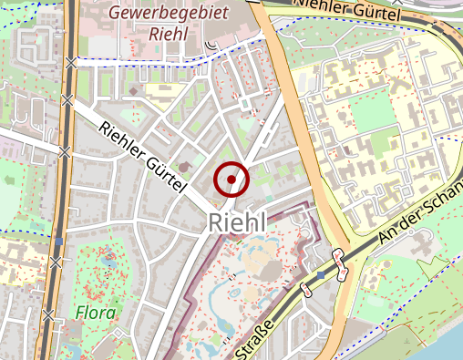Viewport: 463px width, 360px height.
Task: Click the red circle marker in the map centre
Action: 231,180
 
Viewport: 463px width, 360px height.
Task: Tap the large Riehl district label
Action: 237,221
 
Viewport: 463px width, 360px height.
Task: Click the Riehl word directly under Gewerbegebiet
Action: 167,35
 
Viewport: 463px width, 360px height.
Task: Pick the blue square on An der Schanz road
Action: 321,273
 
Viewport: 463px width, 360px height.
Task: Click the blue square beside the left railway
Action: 58,242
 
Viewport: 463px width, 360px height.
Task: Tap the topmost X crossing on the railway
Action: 71,62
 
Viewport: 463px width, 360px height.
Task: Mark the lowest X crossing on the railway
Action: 57,262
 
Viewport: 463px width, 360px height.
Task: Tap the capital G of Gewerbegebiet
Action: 114,13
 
